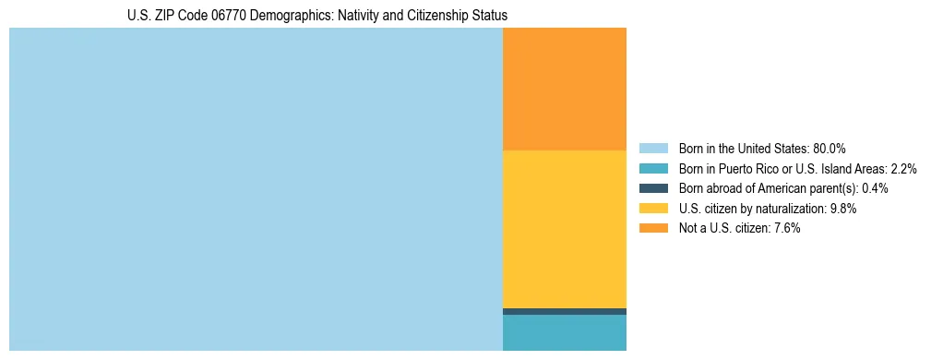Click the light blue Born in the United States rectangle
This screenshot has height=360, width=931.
256,189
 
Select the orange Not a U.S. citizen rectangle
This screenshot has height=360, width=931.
564,89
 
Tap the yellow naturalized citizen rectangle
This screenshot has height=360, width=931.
564,229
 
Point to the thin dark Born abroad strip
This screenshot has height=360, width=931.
564,311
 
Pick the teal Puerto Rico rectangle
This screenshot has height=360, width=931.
564,332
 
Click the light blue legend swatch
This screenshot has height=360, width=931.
653,149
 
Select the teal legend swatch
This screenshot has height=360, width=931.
653,169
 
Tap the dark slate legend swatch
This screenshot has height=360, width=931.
653,188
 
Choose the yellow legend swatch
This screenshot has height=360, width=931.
653,209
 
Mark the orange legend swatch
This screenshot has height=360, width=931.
653,228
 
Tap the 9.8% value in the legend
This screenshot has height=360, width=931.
843,209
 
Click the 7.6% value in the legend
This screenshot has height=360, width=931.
785,228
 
